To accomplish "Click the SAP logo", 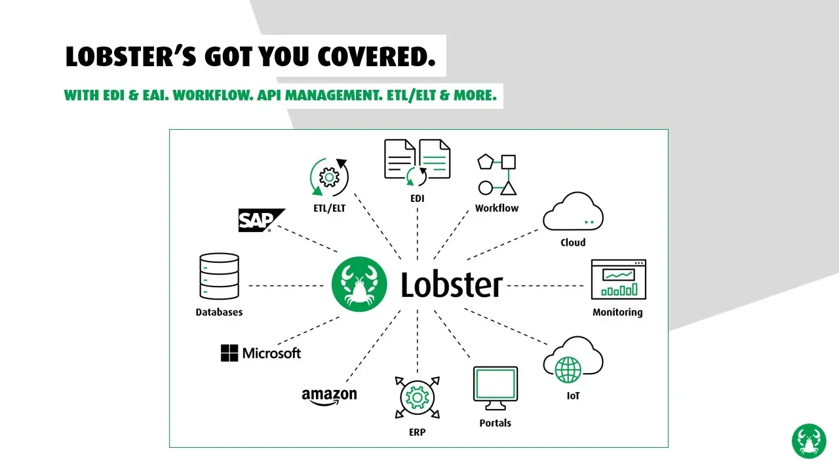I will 261,220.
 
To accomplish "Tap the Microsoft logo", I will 260,353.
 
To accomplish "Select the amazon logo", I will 329,396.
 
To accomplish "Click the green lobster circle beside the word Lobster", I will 359,285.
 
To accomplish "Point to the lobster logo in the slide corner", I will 809,441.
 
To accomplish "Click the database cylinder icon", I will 218,277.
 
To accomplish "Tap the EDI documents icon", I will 417,161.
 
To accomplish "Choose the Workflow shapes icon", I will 497,175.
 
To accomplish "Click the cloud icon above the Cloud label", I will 573,212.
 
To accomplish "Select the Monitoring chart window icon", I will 618,280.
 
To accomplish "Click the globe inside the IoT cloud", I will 568,370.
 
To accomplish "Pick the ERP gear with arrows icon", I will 417,398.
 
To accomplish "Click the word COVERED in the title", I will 377,57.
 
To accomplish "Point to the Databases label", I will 219,313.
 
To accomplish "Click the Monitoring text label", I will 617,313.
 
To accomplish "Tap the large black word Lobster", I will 452,285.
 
